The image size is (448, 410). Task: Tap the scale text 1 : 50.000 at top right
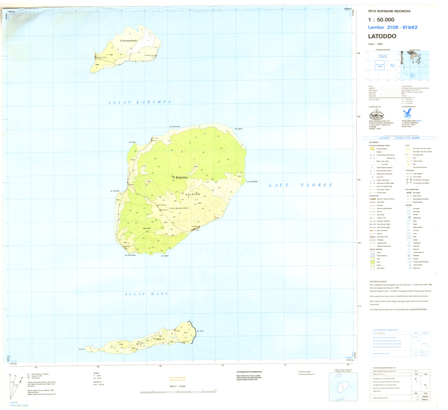381,20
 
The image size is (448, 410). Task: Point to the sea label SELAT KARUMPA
140,102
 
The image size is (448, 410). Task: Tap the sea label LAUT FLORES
300,184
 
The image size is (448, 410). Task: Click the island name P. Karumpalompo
128,41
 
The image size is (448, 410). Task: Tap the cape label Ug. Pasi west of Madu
82,349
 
